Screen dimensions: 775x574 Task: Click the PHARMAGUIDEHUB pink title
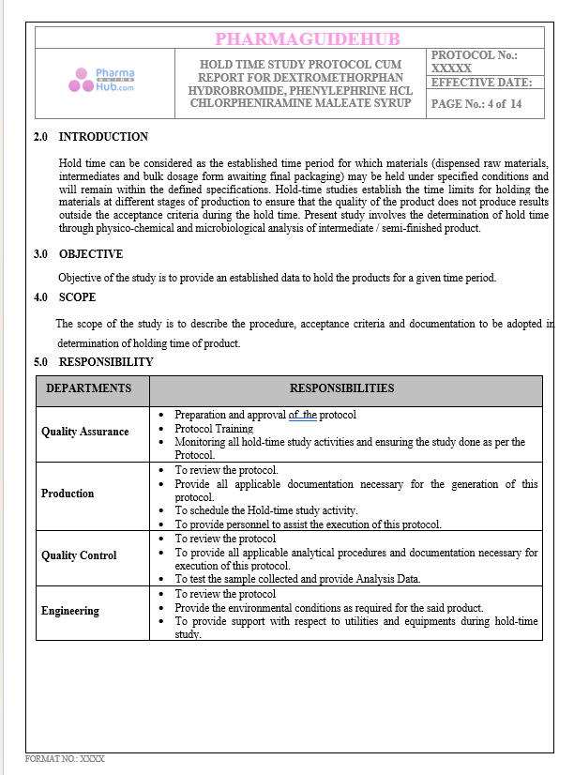[307, 38]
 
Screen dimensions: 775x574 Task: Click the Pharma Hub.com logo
[101, 81]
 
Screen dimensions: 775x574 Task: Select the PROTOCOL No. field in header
[475, 62]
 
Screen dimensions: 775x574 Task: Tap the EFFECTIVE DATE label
[481, 83]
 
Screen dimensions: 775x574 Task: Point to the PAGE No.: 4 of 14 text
[476, 104]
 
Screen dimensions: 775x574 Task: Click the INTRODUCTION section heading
[103, 137]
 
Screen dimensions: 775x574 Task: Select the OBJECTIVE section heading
[90, 254]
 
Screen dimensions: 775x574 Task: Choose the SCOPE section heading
[77, 297]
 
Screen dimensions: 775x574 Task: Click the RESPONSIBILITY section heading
[106, 362]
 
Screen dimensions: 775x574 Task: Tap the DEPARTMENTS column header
[89, 388]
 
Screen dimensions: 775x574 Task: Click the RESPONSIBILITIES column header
[341, 388]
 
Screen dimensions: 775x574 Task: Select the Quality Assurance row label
[84, 432]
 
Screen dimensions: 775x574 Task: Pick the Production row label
[68, 494]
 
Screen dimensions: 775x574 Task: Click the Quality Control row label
[79, 555]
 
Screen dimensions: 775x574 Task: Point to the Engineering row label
[69, 611]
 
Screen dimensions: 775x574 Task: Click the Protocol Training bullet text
[214, 429]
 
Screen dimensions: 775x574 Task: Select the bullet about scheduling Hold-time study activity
[265, 511]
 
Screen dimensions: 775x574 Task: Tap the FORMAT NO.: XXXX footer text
[65, 757]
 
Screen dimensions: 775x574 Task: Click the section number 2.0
[40, 137]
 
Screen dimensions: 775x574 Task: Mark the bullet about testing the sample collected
[297, 579]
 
